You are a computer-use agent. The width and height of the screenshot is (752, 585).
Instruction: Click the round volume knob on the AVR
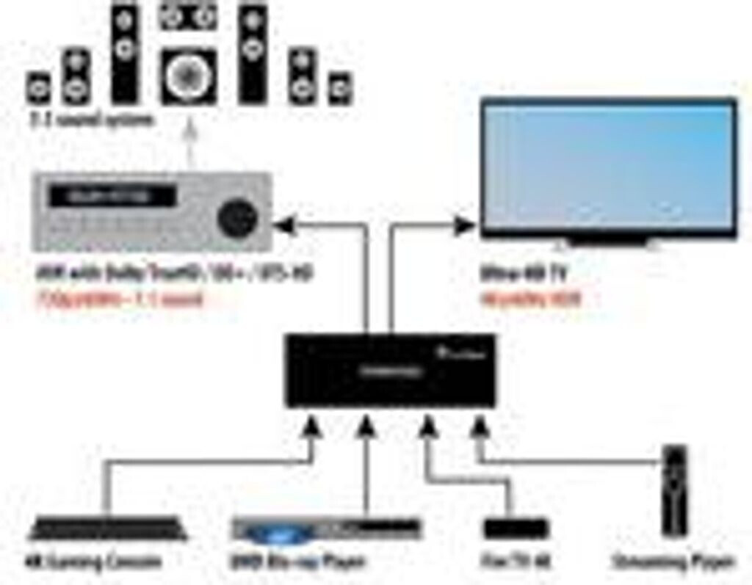point(236,217)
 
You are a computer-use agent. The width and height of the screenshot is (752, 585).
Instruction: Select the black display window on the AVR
point(112,197)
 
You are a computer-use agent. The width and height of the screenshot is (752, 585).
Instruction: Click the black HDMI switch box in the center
point(390,371)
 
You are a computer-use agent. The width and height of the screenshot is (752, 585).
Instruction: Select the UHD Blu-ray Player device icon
point(327,529)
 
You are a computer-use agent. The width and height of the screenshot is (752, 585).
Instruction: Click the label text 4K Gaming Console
point(93,563)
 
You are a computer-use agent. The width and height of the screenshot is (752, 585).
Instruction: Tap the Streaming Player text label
point(673,563)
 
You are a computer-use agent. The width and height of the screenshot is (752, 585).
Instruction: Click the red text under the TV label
point(530,299)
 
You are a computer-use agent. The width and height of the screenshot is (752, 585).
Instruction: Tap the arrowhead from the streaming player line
point(478,424)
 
